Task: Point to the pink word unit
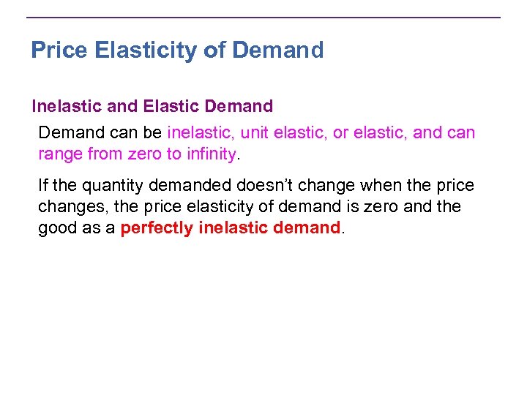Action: [x=258, y=133]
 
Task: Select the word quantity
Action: [x=116, y=186]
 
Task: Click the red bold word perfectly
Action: [x=157, y=228]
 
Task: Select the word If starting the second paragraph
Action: [x=44, y=186]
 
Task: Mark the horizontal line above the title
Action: [x=263, y=18]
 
